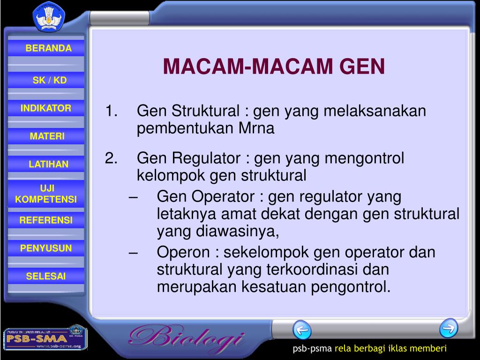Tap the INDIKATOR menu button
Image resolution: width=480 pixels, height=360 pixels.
coord(46,108)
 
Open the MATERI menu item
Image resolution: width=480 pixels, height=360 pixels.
coord(47,136)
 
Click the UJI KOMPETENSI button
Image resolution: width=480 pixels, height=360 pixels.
coord(46,194)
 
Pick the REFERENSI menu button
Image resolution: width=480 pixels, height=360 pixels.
coord(46,220)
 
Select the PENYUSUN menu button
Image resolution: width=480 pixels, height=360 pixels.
coord(46,248)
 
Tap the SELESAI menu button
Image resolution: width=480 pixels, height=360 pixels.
coord(46,276)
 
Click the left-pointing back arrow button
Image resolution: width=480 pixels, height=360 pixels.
coord(302,330)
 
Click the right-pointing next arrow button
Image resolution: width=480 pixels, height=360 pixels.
coord(449,328)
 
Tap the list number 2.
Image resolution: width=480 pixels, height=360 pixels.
coord(111,159)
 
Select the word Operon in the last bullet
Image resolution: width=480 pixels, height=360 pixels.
coord(183,253)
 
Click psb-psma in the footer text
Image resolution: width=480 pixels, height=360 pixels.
coord(312,348)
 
